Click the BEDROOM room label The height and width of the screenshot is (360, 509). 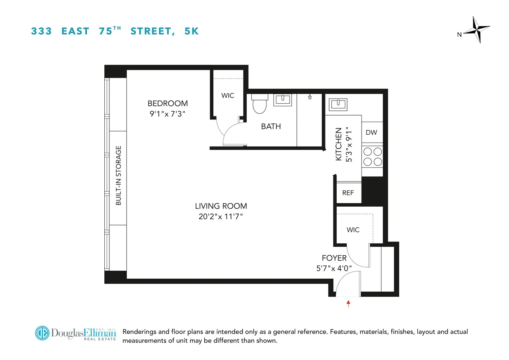[168, 104]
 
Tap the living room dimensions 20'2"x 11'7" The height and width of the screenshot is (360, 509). [221, 217]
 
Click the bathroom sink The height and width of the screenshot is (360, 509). [282, 100]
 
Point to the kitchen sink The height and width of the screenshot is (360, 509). [338, 104]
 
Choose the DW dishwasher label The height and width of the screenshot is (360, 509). [371, 132]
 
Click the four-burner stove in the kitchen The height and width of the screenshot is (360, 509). [372, 157]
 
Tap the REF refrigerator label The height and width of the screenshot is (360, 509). [348, 193]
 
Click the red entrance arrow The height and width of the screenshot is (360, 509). [348, 303]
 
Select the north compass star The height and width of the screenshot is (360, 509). [477, 30]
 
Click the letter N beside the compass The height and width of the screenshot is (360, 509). [459, 35]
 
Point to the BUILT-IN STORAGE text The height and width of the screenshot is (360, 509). [118, 176]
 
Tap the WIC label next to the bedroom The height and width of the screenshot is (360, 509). [228, 96]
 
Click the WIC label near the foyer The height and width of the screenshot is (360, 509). [353, 230]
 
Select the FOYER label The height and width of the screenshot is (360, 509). [334, 258]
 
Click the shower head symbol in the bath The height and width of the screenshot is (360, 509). [310, 97]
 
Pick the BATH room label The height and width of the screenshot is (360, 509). [271, 127]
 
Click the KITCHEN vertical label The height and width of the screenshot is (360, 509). [338, 144]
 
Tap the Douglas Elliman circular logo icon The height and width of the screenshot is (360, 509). [42, 333]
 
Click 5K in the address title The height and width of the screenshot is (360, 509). [191, 31]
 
